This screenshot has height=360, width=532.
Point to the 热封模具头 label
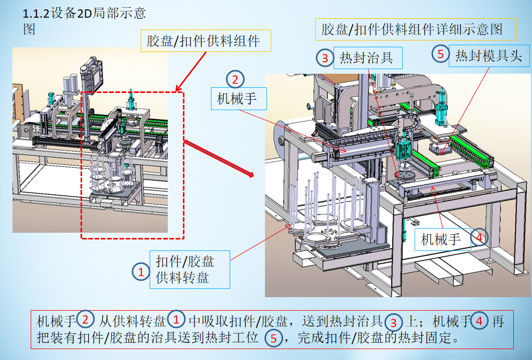488,56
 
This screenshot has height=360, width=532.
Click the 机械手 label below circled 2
236,98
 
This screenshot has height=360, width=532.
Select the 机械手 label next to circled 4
441,239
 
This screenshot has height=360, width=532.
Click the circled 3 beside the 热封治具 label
325,58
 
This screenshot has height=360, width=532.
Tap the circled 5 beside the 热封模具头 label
441,54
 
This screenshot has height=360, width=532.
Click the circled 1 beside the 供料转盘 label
140,272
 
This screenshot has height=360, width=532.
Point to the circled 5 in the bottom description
273,339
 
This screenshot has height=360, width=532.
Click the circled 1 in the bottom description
177,319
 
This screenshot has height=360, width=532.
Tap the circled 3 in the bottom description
394,322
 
